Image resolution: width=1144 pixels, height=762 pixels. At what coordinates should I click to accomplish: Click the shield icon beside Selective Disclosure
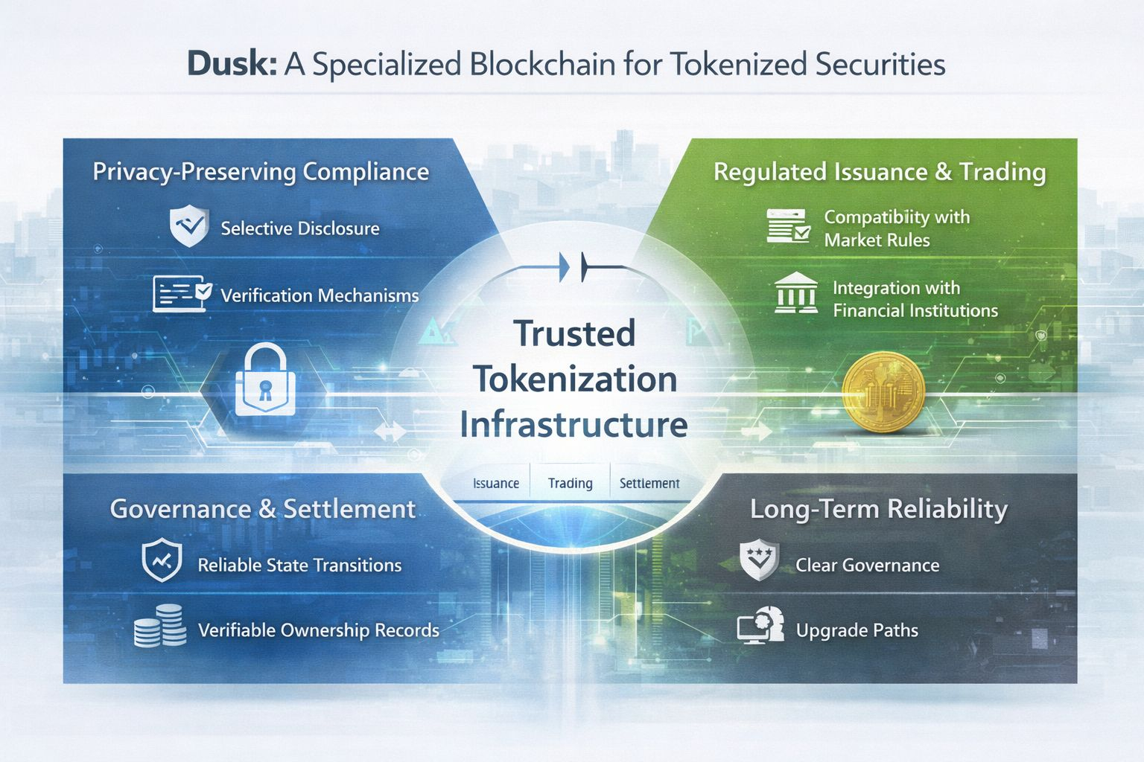click(189, 227)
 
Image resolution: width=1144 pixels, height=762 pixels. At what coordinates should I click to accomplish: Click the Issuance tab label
click(496, 483)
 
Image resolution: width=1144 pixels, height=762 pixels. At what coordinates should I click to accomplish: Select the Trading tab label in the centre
click(570, 483)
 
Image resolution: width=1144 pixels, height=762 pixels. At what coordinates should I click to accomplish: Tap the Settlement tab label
click(649, 483)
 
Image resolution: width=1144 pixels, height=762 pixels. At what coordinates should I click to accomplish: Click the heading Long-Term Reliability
click(879, 509)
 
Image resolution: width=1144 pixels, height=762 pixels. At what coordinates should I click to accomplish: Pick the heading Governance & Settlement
click(263, 509)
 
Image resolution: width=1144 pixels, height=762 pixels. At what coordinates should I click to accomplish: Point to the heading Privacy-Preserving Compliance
click(261, 172)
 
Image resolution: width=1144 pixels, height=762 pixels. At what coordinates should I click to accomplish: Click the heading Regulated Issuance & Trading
click(880, 172)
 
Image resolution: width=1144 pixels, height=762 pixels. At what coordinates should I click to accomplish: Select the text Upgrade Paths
click(857, 630)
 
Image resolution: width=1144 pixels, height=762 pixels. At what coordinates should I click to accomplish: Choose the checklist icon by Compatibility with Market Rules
click(788, 226)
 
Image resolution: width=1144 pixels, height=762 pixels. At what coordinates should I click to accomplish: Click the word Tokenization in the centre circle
click(575, 379)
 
